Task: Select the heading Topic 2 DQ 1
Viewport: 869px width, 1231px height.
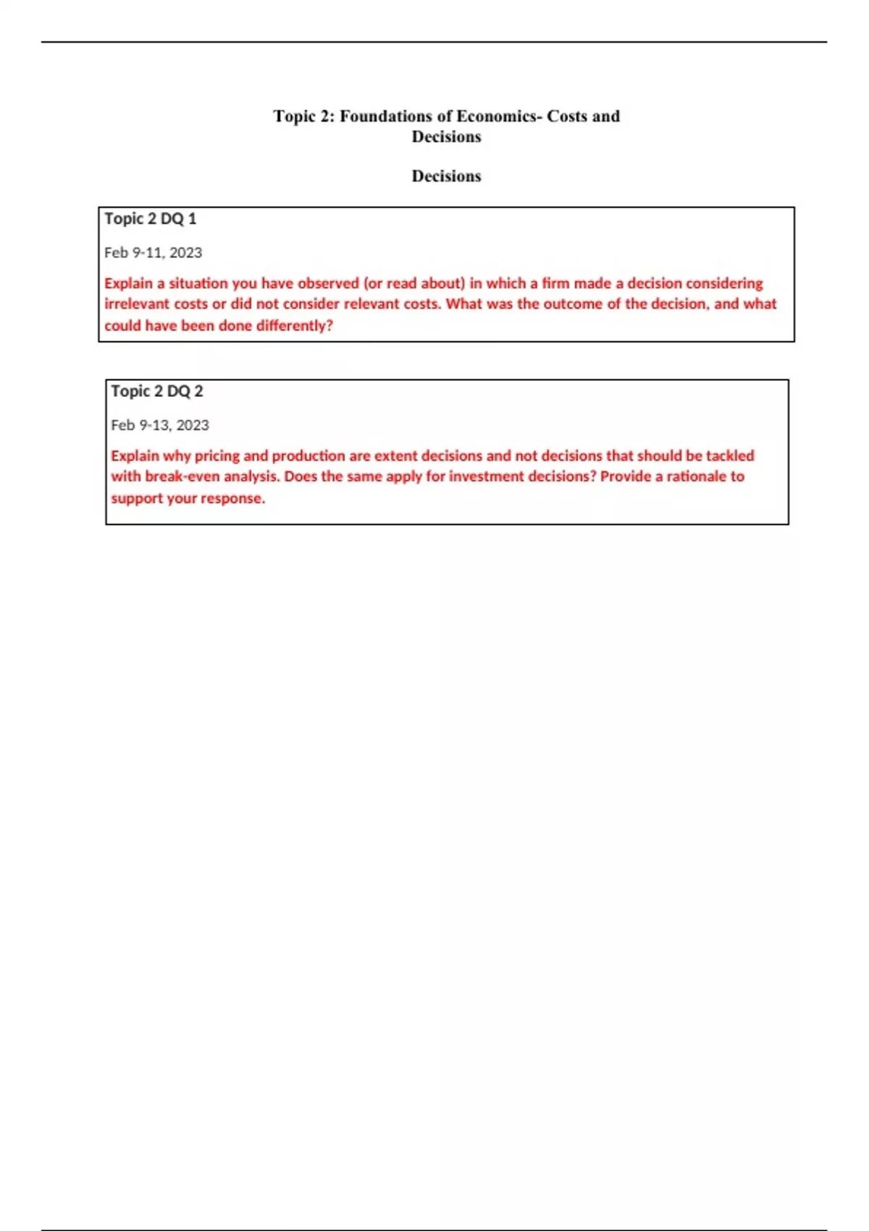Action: click(x=151, y=219)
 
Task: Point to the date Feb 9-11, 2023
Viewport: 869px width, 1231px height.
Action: click(x=153, y=253)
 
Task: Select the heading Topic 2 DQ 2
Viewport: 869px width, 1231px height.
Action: click(x=157, y=391)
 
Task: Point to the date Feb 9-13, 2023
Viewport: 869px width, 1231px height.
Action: click(x=160, y=425)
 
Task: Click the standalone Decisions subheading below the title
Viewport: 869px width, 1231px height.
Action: click(x=446, y=176)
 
